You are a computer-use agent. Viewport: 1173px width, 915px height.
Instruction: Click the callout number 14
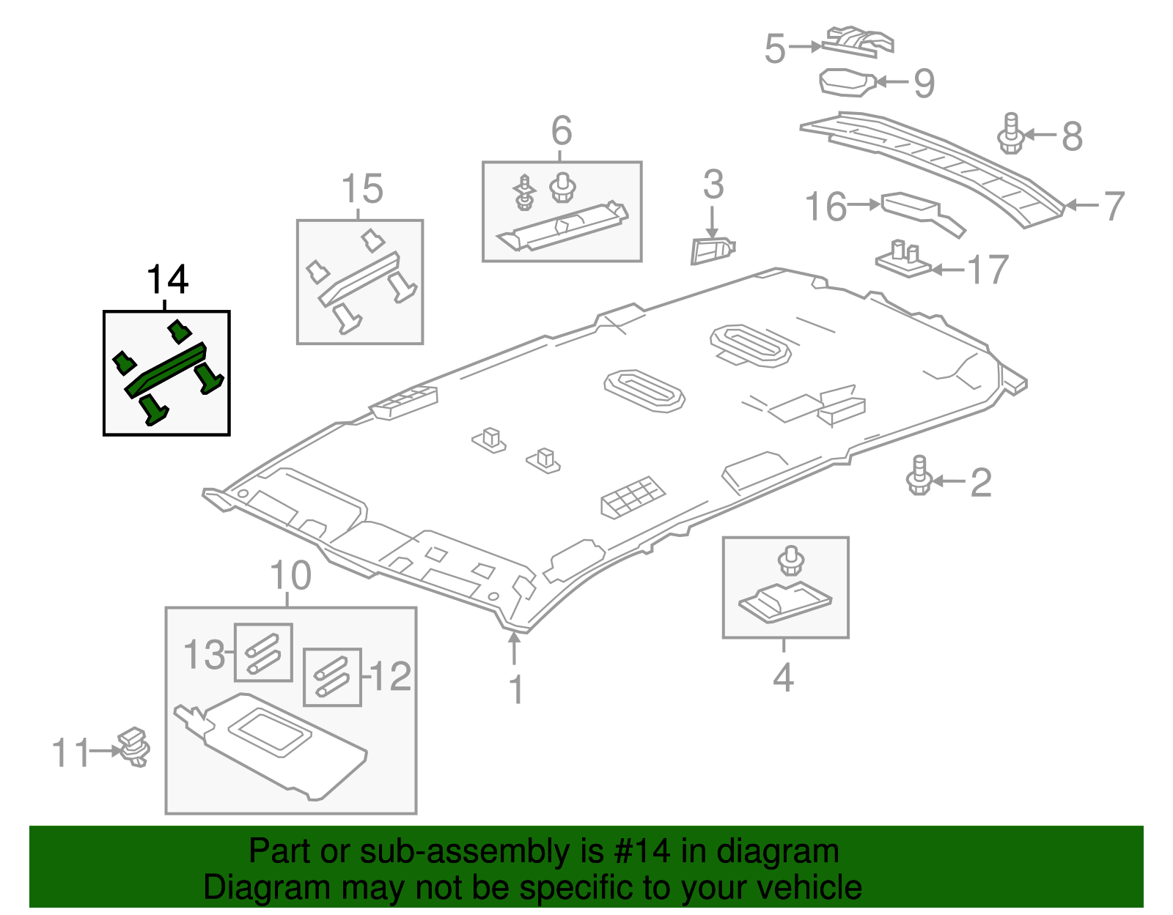tap(168, 280)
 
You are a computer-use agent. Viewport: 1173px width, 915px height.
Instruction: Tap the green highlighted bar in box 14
tap(166, 370)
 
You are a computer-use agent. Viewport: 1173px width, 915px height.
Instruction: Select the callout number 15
tap(362, 189)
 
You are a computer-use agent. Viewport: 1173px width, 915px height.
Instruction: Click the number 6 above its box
tap(561, 131)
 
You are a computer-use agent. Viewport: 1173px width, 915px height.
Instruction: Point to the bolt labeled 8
tap(1010, 133)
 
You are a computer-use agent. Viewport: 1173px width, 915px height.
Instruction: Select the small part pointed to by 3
tap(711, 250)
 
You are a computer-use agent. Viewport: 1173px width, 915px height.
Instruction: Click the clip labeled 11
tap(134, 747)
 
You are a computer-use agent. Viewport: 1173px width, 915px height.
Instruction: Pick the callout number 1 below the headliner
tap(516, 689)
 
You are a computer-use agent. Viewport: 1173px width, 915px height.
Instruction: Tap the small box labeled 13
tap(262, 652)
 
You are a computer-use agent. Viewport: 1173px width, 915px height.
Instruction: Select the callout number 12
tap(391, 675)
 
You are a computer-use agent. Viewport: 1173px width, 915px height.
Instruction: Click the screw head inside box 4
tap(790, 560)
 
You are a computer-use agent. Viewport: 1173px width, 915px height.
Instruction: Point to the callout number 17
tap(988, 270)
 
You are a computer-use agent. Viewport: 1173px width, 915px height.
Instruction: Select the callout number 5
tap(775, 49)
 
